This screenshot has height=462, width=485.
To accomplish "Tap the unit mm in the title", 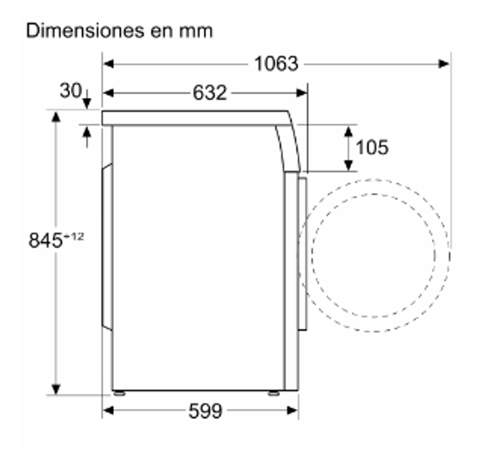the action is [196, 32].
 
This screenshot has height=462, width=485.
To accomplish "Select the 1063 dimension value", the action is [276, 64].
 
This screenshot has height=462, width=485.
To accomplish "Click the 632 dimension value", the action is [210, 93].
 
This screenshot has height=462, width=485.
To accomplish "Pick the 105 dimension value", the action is [372, 147].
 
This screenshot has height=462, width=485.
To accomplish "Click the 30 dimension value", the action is [71, 90].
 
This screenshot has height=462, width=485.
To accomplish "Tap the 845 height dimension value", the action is [45, 240].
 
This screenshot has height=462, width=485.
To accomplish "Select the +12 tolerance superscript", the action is [74, 237].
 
